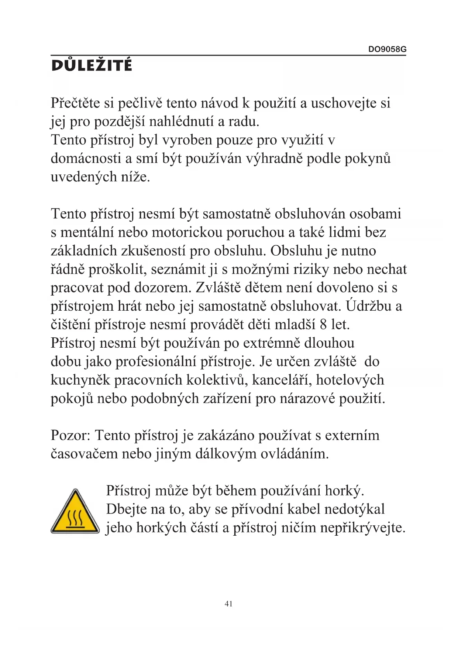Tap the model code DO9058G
click(387, 49)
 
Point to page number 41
click(228, 604)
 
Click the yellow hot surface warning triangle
click(75, 512)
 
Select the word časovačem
click(84, 454)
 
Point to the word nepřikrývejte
click(363, 528)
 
